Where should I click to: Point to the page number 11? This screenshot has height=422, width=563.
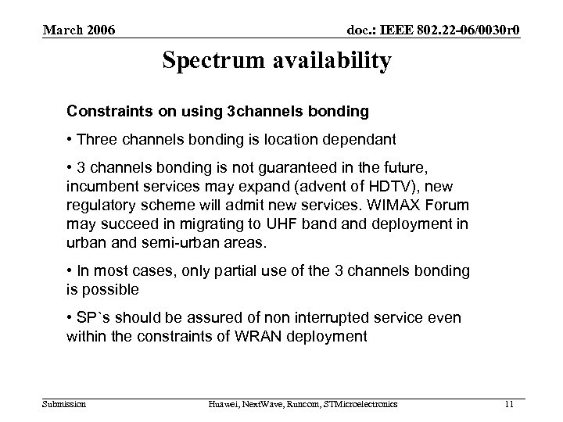point(509,403)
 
